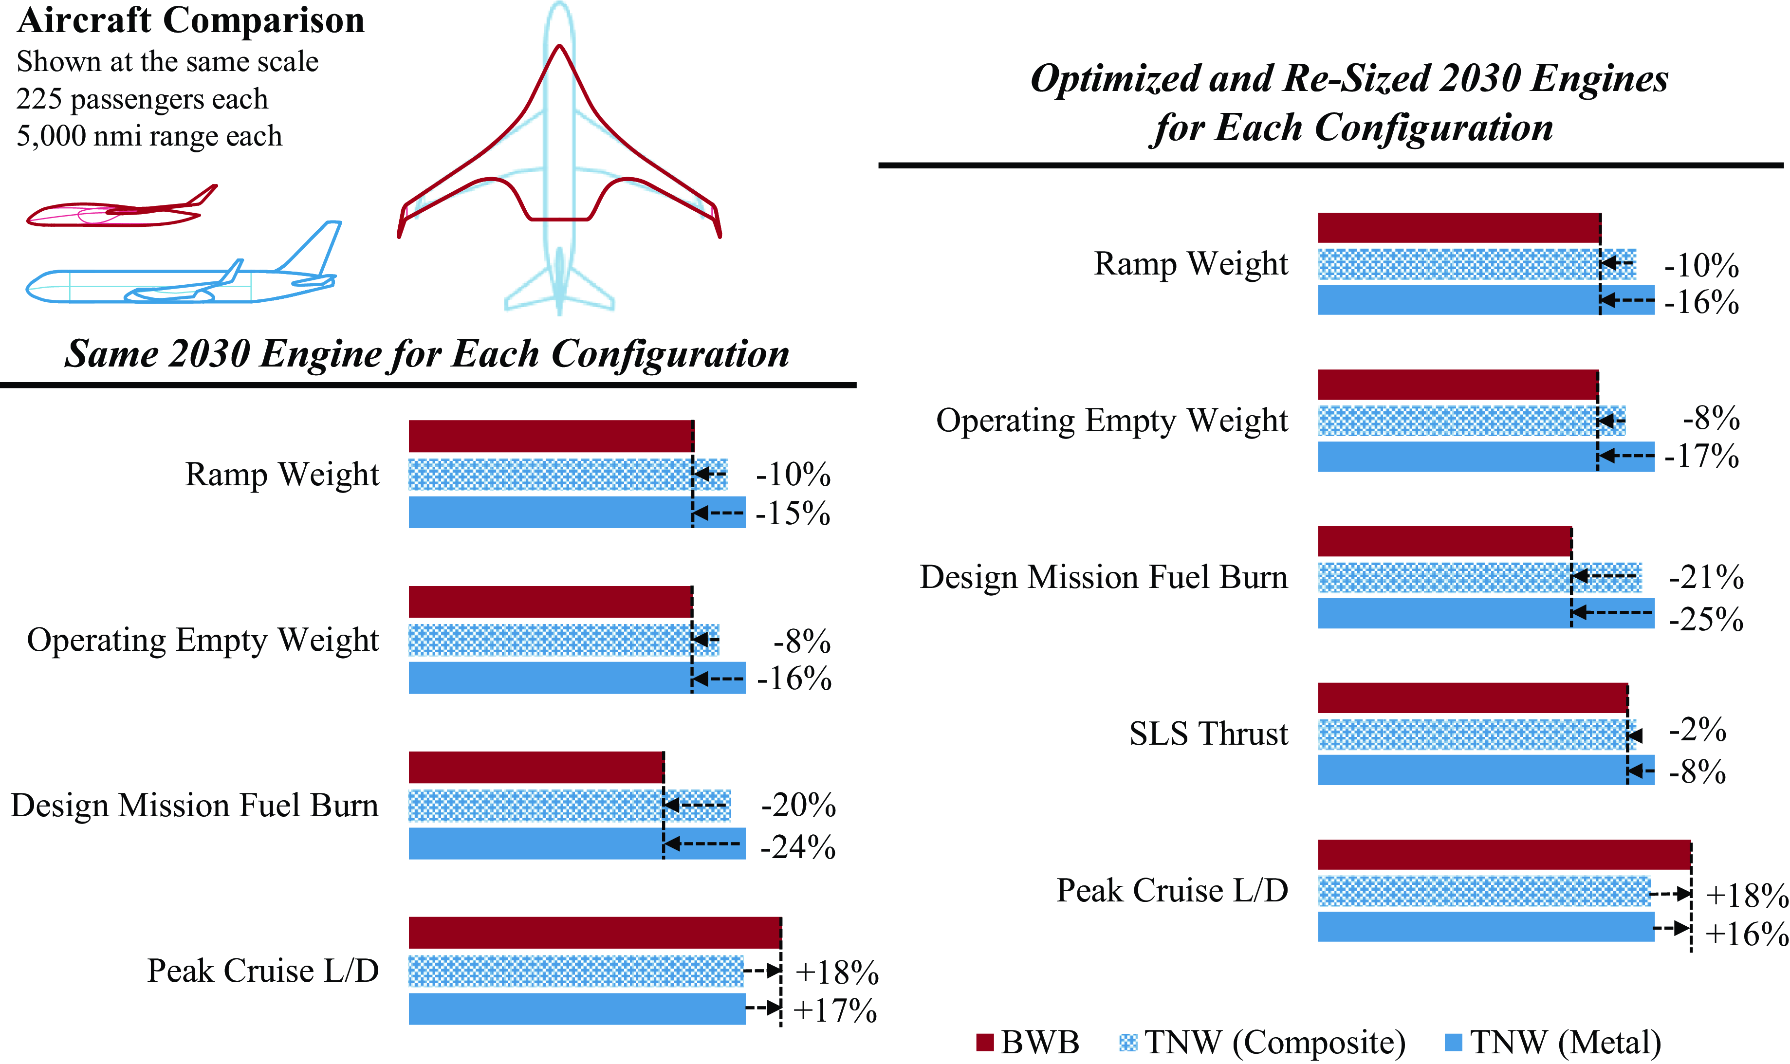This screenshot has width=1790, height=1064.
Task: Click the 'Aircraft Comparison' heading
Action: [191, 20]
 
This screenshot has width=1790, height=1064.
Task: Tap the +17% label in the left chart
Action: [835, 1010]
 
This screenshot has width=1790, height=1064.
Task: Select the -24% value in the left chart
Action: [798, 847]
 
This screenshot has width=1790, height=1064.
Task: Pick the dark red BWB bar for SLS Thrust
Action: [1473, 697]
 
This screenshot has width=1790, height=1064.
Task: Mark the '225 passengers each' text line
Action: [142, 99]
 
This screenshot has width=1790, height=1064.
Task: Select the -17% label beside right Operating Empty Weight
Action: [1701, 456]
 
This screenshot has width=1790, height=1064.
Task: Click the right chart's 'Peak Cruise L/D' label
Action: [1172, 891]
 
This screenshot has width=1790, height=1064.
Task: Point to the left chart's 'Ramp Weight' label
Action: [282, 475]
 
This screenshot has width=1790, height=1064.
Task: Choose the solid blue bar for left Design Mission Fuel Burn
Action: [577, 843]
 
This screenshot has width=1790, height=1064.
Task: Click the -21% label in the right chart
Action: [1706, 577]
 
